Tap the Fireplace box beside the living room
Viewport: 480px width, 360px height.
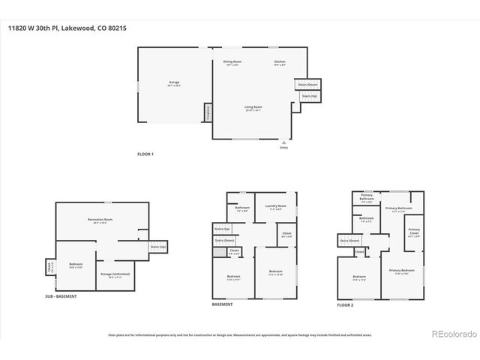tap(208, 112)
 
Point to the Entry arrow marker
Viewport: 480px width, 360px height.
tap(283, 141)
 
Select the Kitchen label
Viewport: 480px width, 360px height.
tap(280, 62)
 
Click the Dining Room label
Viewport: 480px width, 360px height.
tap(232, 62)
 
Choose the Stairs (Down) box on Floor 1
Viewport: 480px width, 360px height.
tap(308, 85)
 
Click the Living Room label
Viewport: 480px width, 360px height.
tap(253, 108)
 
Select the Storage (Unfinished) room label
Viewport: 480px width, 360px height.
tap(115, 275)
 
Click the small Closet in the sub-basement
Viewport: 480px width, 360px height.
tap(49, 266)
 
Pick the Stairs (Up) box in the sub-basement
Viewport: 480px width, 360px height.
tap(157, 247)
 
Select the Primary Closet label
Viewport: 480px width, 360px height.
tap(414, 232)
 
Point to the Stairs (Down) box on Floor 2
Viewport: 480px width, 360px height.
tap(349, 241)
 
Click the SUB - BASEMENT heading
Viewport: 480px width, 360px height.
tap(61, 297)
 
